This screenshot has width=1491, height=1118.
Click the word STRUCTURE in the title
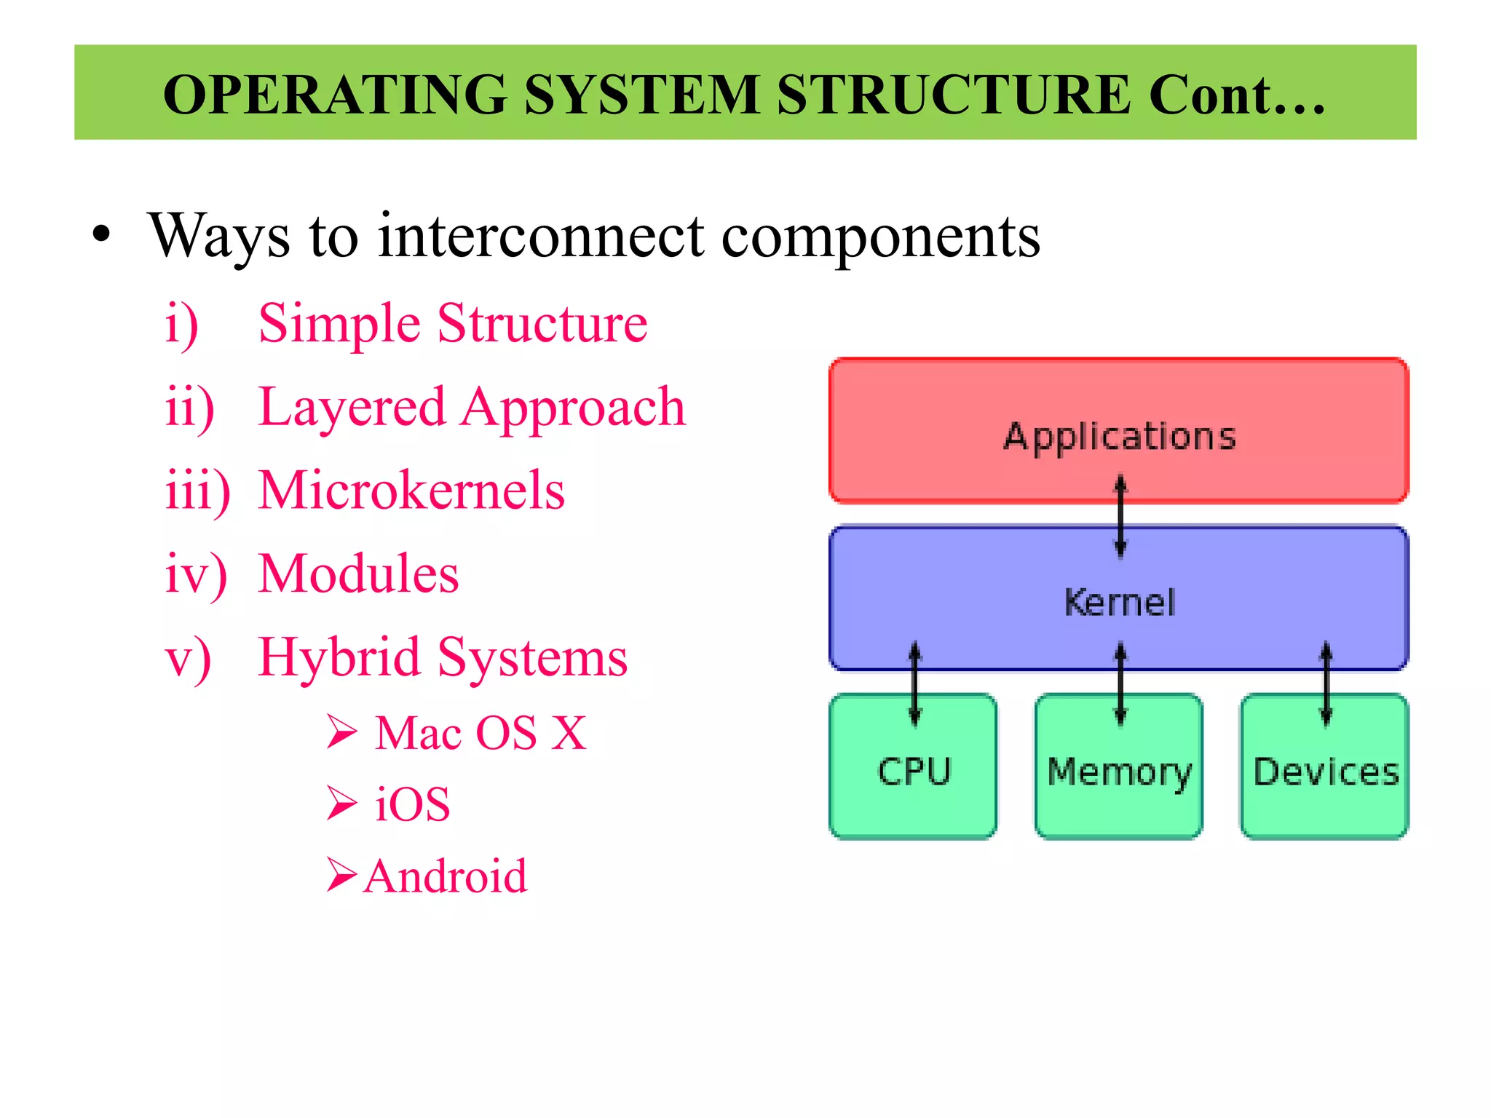pos(954,95)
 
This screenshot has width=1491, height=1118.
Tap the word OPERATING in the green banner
pos(335,95)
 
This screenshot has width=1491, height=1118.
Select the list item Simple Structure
pos(452,323)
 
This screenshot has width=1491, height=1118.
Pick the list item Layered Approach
pos(472,407)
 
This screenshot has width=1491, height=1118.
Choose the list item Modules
pos(358,574)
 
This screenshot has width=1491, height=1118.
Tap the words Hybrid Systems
pos(443,657)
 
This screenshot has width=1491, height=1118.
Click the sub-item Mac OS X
pos(480,732)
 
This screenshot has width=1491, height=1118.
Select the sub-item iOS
pos(412,804)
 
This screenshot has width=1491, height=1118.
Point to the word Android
pos(446,876)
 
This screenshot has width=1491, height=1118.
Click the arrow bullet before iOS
pos(341,804)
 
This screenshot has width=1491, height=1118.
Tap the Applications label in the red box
pos(1119,437)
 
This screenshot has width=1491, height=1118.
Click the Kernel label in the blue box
pos(1119,603)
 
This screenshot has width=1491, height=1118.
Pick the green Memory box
pos(1119,786)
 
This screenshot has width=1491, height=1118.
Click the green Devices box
pos(1325,786)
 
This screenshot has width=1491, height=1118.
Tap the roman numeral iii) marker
pos(197,491)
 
